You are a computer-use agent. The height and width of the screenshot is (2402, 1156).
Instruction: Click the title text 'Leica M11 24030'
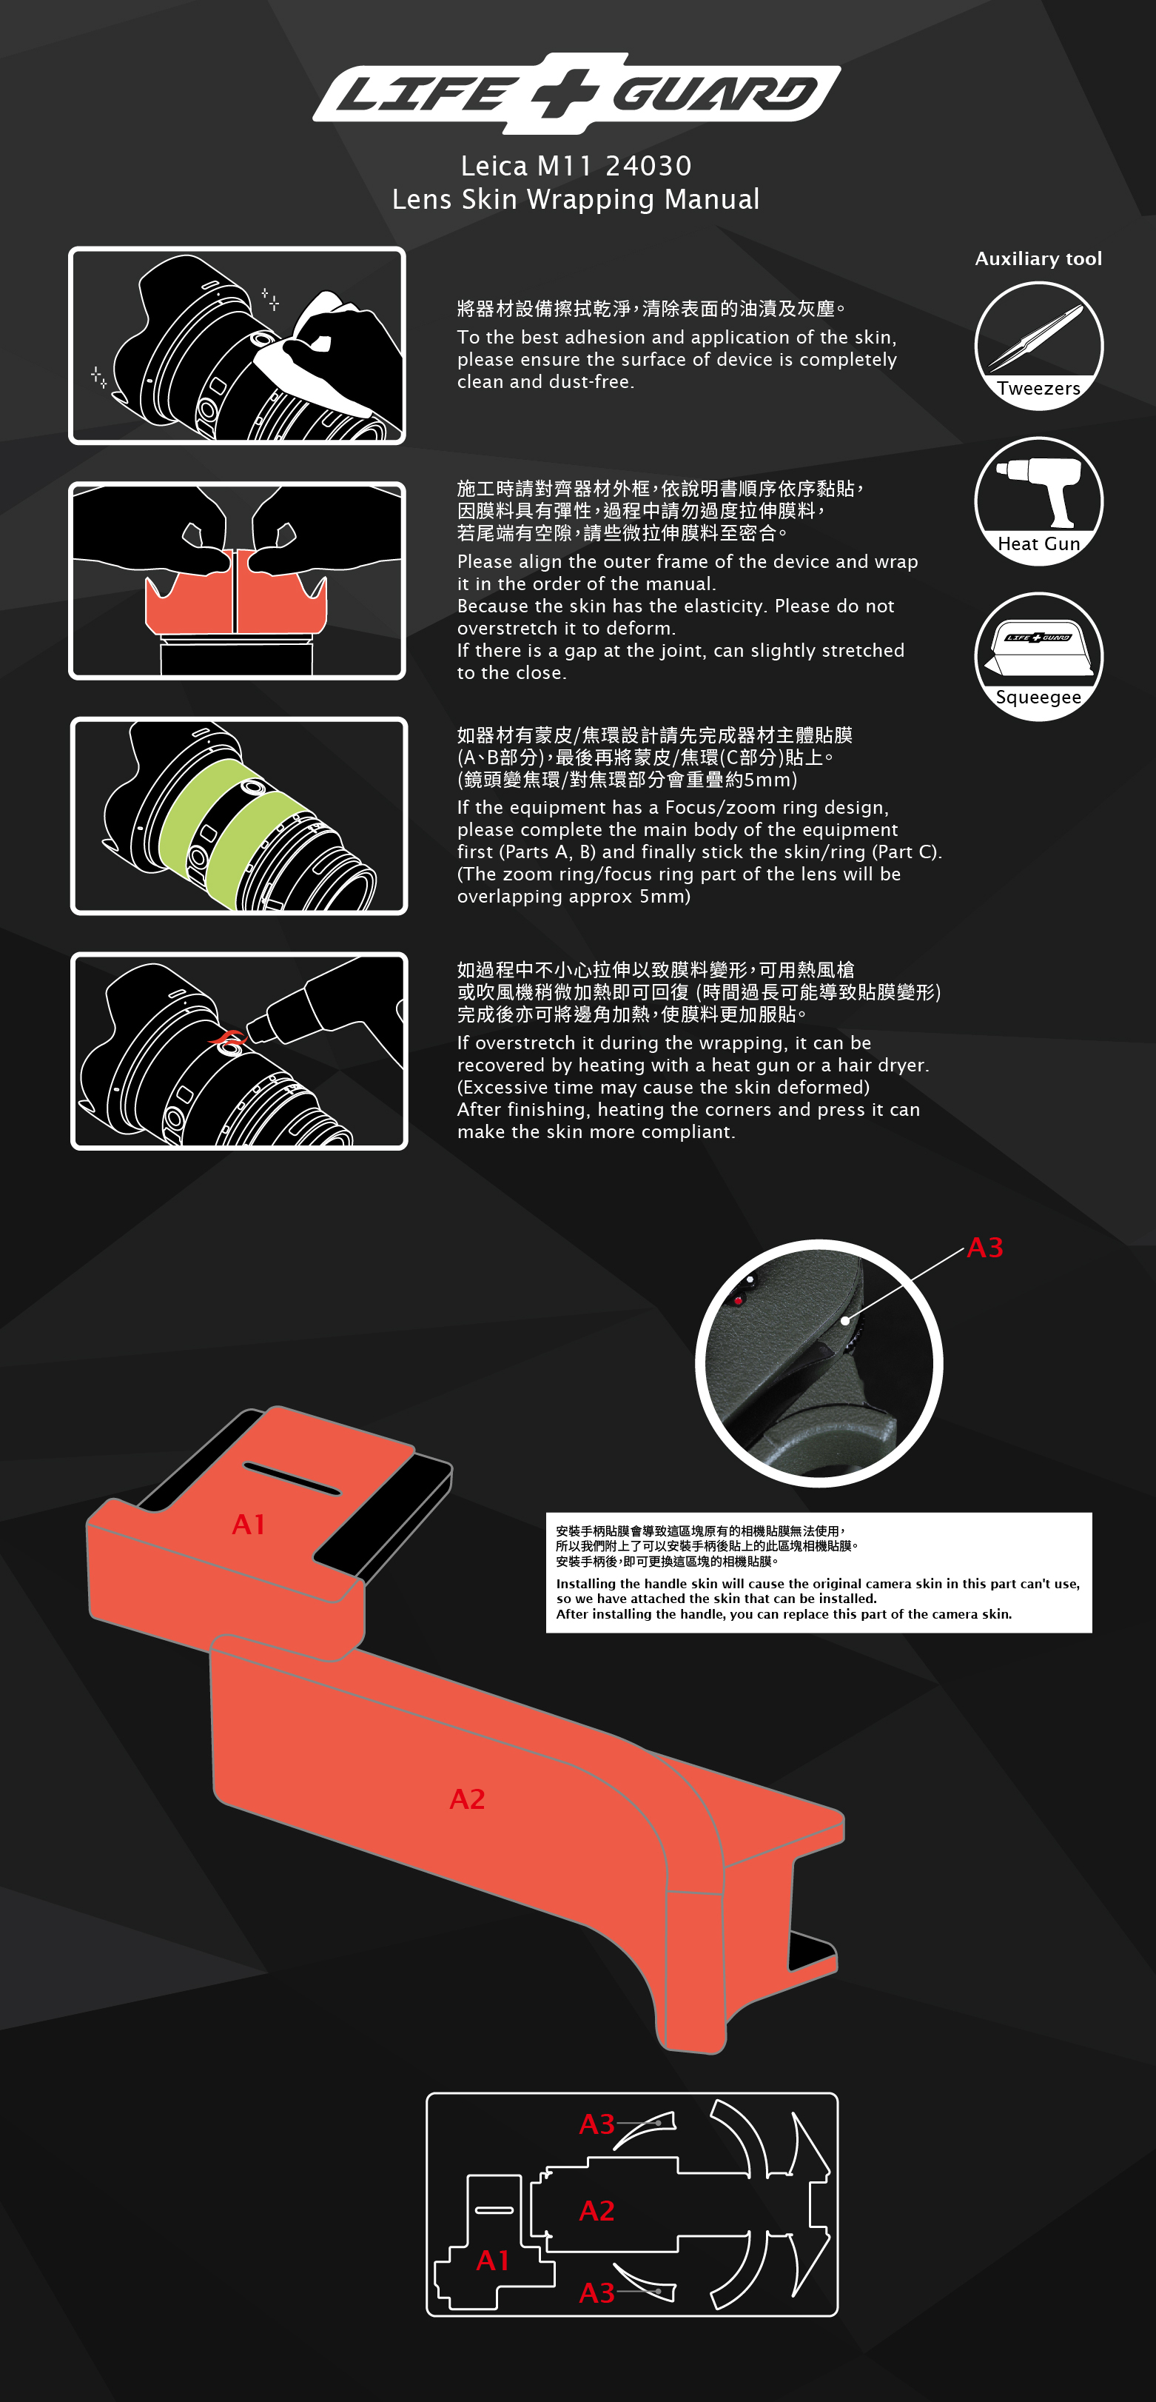(576, 166)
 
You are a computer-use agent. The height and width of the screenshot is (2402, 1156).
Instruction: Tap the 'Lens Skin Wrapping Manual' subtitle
(576, 199)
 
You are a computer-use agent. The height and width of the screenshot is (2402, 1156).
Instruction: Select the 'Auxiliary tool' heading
(1038, 259)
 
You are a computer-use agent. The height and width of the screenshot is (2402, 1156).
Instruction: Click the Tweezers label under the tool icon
(1038, 389)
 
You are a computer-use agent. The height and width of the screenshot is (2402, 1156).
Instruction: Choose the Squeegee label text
(1038, 697)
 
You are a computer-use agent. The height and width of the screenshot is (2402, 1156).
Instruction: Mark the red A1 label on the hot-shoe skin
(249, 1525)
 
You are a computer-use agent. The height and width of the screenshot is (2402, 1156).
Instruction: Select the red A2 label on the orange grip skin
(467, 1799)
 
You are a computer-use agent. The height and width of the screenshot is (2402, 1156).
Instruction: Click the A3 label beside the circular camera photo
(985, 1248)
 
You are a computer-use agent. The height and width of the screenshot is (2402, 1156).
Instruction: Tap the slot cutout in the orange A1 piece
(292, 1479)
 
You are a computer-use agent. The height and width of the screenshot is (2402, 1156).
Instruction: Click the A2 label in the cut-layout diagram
(597, 2211)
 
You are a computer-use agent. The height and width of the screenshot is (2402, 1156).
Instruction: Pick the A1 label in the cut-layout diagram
(493, 2261)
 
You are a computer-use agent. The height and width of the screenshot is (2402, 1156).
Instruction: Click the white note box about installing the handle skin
(819, 1573)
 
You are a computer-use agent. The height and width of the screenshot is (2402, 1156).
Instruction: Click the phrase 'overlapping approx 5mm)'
(574, 897)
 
